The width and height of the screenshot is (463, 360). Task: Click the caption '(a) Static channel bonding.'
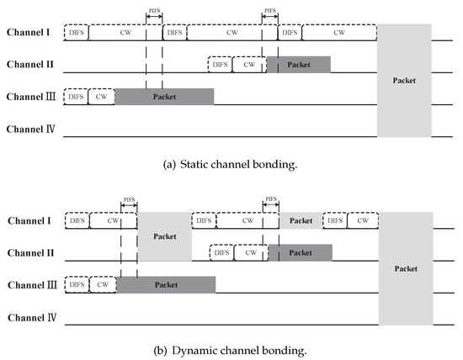tap(231, 164)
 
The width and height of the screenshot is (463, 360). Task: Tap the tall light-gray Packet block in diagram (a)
tap(404, 80)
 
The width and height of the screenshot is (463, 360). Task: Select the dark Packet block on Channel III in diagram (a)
tap(163, 97)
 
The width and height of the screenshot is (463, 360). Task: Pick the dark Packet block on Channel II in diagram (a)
tap(298, 64)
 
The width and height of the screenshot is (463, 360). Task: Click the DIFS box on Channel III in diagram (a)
tap(75, 97)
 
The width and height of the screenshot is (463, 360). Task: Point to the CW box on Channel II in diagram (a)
tap(247, 64)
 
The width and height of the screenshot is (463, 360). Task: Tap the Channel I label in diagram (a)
tap(29, 32)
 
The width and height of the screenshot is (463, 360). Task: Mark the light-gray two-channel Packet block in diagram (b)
tap(164, 236)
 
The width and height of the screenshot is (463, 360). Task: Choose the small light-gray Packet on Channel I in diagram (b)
tap(301, 220)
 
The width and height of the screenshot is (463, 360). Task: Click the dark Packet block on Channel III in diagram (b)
tap(165, 285)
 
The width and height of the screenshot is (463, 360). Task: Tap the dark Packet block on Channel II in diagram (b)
tap(300, 252)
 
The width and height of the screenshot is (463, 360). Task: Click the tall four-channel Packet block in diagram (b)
tap(406, 268)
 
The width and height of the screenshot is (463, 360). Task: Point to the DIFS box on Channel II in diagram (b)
tap(221, 252)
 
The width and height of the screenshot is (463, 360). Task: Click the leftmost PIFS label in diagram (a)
tap(153, 13)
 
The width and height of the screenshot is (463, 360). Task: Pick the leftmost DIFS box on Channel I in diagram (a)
tap(75, 32)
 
